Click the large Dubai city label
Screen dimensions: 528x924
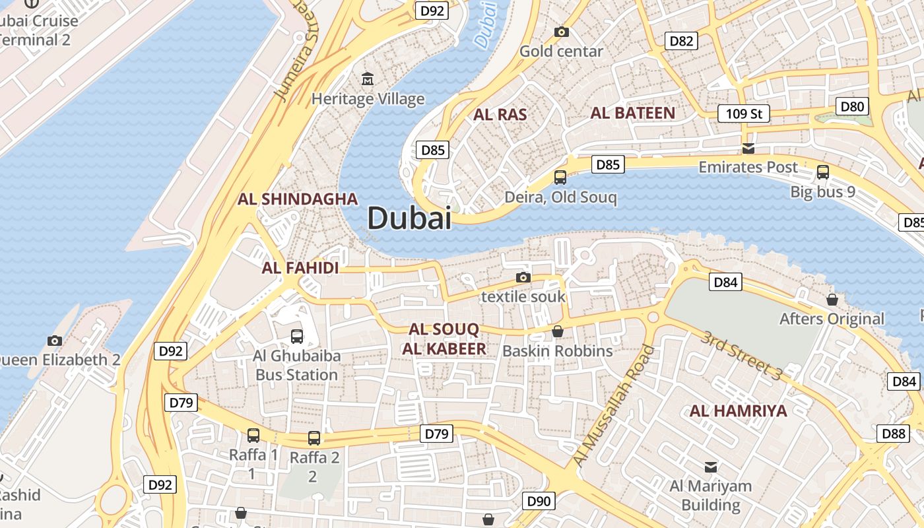[409, 218]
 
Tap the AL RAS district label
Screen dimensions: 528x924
[500, 115]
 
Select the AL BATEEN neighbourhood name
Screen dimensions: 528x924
[633, 113]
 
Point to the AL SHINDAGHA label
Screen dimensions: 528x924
[298, 199]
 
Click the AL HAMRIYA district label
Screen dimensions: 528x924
[739, 411]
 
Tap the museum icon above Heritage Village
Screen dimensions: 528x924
[368, 80]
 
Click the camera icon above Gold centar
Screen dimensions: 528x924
[562, 32]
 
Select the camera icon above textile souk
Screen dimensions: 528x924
[523, 277]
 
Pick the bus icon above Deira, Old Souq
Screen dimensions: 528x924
[560, 177]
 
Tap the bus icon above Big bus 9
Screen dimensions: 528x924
[823, 172]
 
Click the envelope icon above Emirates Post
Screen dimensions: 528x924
[748, 147]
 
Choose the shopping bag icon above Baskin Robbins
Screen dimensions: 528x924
[558, 331]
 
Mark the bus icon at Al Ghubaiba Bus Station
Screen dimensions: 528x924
[297, 337]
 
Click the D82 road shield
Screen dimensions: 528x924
[681, 41]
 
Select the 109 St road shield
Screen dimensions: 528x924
[744, 114]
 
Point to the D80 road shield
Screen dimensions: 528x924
[853, 106]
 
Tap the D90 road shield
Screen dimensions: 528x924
[539, 501]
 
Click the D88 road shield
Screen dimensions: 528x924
[894, 434]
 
